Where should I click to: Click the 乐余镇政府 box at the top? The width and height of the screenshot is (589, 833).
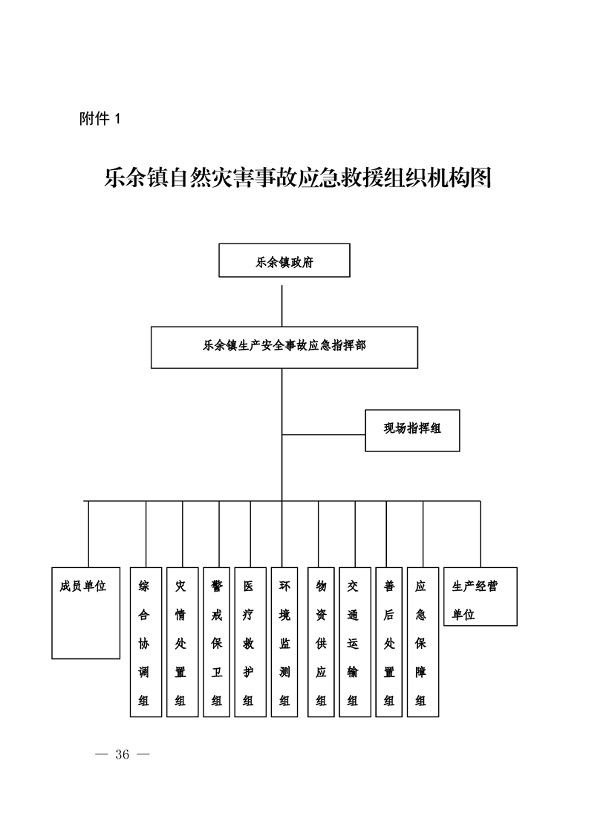(284, 261)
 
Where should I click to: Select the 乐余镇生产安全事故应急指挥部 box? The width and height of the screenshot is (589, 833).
(284, 347)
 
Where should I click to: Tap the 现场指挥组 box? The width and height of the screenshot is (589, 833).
(412, 431)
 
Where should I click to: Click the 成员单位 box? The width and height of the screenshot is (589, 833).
(85, 613)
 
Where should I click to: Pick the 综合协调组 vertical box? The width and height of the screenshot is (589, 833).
(146, 641)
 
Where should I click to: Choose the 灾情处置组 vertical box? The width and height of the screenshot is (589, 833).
(182, 641)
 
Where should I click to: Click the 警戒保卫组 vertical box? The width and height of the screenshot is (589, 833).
(216, 641)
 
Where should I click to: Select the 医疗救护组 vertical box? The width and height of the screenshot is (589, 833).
(250, 641)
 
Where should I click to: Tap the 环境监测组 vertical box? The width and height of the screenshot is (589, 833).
(284, 641)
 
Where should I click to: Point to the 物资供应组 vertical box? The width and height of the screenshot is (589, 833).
(321, 641)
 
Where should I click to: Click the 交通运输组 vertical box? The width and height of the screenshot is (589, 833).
(355, 641)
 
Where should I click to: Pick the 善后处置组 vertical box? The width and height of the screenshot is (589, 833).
(389, 641)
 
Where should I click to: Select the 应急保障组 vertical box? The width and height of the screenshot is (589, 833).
(423, 641)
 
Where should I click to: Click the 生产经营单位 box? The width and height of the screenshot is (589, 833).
(481, 596)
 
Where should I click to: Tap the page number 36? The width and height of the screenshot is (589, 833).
(123, 754)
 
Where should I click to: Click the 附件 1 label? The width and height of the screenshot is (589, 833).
(100, 119)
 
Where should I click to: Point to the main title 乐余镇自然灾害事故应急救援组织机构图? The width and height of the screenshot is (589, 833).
(298, 178)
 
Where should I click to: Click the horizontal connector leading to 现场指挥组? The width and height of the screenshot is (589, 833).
(323, 434)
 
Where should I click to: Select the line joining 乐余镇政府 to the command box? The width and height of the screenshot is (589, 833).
(282, 306)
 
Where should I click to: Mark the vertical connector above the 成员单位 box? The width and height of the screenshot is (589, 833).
(88, 534)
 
